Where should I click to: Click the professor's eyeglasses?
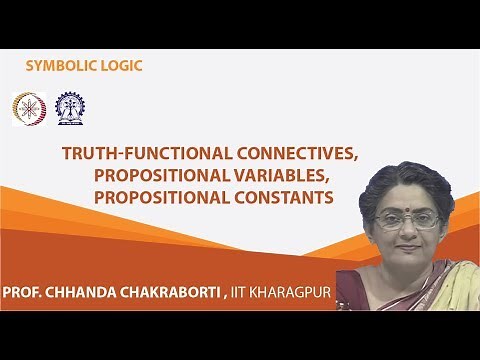408,218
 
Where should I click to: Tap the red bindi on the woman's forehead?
409,201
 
